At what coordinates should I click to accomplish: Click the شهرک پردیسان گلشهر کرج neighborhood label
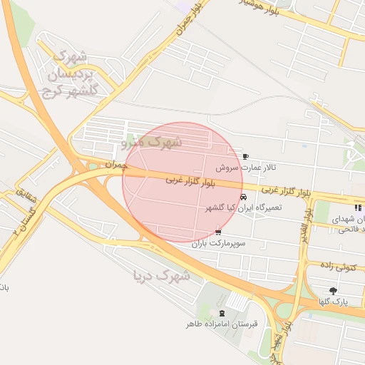click(x=71, y=73)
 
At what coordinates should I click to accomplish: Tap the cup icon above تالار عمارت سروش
click(x=246, y=157)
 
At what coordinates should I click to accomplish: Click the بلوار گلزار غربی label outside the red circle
click(x=285, y=192)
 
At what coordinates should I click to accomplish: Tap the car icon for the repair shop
click(x=244, y=197)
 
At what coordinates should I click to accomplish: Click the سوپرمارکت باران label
click(x=218, y=243)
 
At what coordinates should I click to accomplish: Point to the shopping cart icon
click(x=217, y=232)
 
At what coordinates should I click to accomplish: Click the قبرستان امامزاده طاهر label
click(x=221, y=324)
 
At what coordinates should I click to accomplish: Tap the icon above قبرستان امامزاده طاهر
click(x=221, y=314)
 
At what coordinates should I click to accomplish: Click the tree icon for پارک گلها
click(x=333, y=290)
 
